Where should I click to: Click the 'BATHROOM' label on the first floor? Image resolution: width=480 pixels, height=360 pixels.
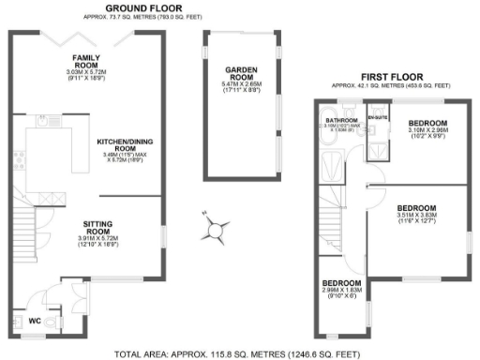340,121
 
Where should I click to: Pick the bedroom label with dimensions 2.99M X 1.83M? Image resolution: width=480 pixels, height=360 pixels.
342,283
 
